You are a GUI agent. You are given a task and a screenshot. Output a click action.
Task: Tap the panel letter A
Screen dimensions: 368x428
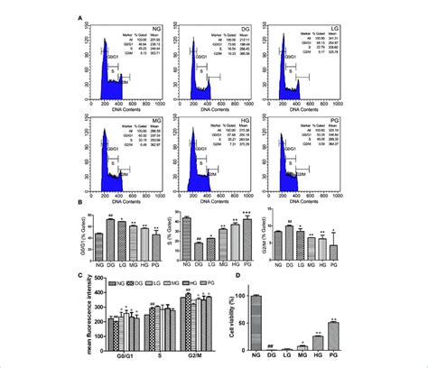coord(84,16)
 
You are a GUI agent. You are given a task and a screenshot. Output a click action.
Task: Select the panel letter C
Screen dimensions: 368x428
coord(84,277)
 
